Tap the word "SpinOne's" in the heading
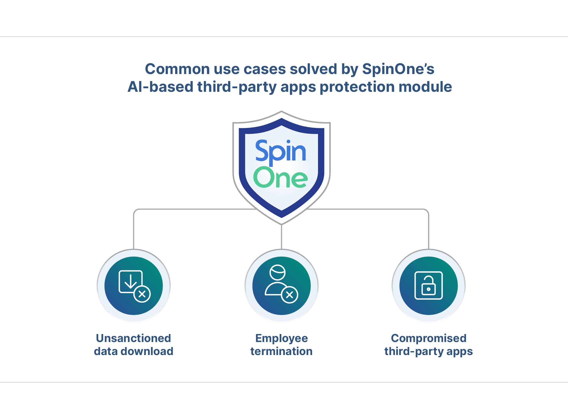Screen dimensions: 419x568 (398, 69)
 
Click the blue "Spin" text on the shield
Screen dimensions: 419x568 (280, 152)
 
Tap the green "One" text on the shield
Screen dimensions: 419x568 (280, 178)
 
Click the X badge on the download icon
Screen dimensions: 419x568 (142, 294)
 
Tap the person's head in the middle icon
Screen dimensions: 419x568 (277, 272)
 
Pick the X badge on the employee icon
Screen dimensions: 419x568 (290, 295)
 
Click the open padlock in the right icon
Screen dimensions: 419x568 (428, 285)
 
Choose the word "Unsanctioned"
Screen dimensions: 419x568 (133, 338)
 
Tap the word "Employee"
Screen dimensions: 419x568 (281, 338)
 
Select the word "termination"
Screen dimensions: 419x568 (281, 351)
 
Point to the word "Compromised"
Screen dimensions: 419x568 (429, 338)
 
